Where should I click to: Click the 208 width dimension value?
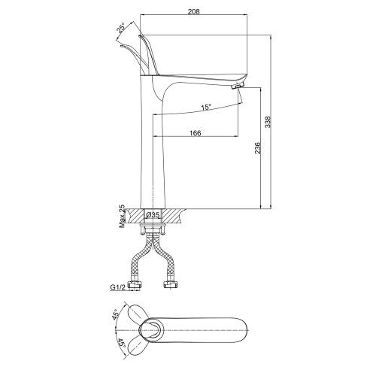194,11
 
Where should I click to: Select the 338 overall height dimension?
268,122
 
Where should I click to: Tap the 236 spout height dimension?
257,148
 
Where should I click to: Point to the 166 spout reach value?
195,133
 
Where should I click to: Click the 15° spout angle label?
206,108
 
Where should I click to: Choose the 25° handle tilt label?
121,29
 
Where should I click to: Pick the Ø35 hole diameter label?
153,215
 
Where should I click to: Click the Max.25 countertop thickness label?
122,216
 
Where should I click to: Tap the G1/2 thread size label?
117,287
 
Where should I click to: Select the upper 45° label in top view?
116,315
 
